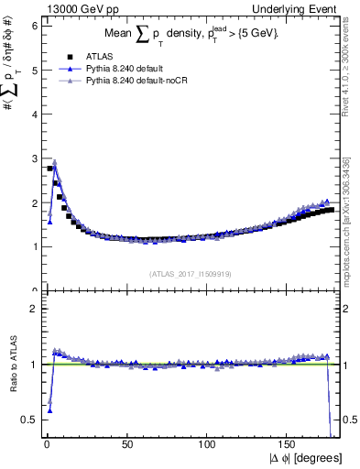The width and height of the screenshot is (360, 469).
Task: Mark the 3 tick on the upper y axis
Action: (33, 158)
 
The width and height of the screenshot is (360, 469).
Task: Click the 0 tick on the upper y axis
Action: (33, 290)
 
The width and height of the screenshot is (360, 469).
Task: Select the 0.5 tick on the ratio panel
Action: (29, 420)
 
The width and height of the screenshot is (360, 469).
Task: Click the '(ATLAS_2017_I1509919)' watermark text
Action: (191, 272)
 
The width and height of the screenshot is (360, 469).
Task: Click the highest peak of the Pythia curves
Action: (55, 162)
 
